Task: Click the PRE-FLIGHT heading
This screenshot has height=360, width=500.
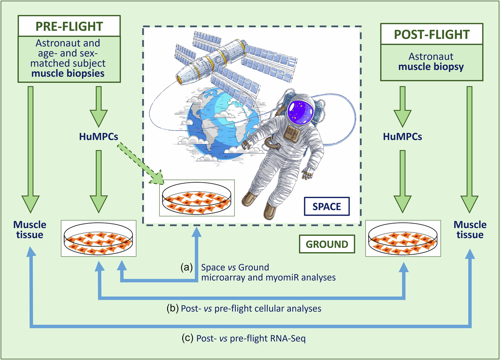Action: coord(69,27)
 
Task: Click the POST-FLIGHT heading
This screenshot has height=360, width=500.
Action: coord(432,35)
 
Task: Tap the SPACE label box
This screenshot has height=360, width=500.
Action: coord(327,206)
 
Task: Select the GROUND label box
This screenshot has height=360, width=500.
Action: coord(327,244)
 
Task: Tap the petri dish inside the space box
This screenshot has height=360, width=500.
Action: coord(197,198)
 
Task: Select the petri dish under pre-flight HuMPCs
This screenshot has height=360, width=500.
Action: coord(99,239)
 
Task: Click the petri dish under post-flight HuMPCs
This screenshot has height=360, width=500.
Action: coord(403,239)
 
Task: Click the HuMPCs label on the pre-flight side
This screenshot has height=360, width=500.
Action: coord(99,137)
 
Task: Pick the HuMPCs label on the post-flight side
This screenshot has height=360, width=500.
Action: coord(402,137)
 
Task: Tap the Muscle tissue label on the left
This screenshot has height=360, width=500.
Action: coord(30,230)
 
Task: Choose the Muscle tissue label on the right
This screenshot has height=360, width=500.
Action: coord(470,230)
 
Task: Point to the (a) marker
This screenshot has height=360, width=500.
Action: coord(187,267)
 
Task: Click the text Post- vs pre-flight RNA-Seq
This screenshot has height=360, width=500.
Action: coord(251,338)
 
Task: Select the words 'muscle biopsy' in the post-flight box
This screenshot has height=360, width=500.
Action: coord(431,67)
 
